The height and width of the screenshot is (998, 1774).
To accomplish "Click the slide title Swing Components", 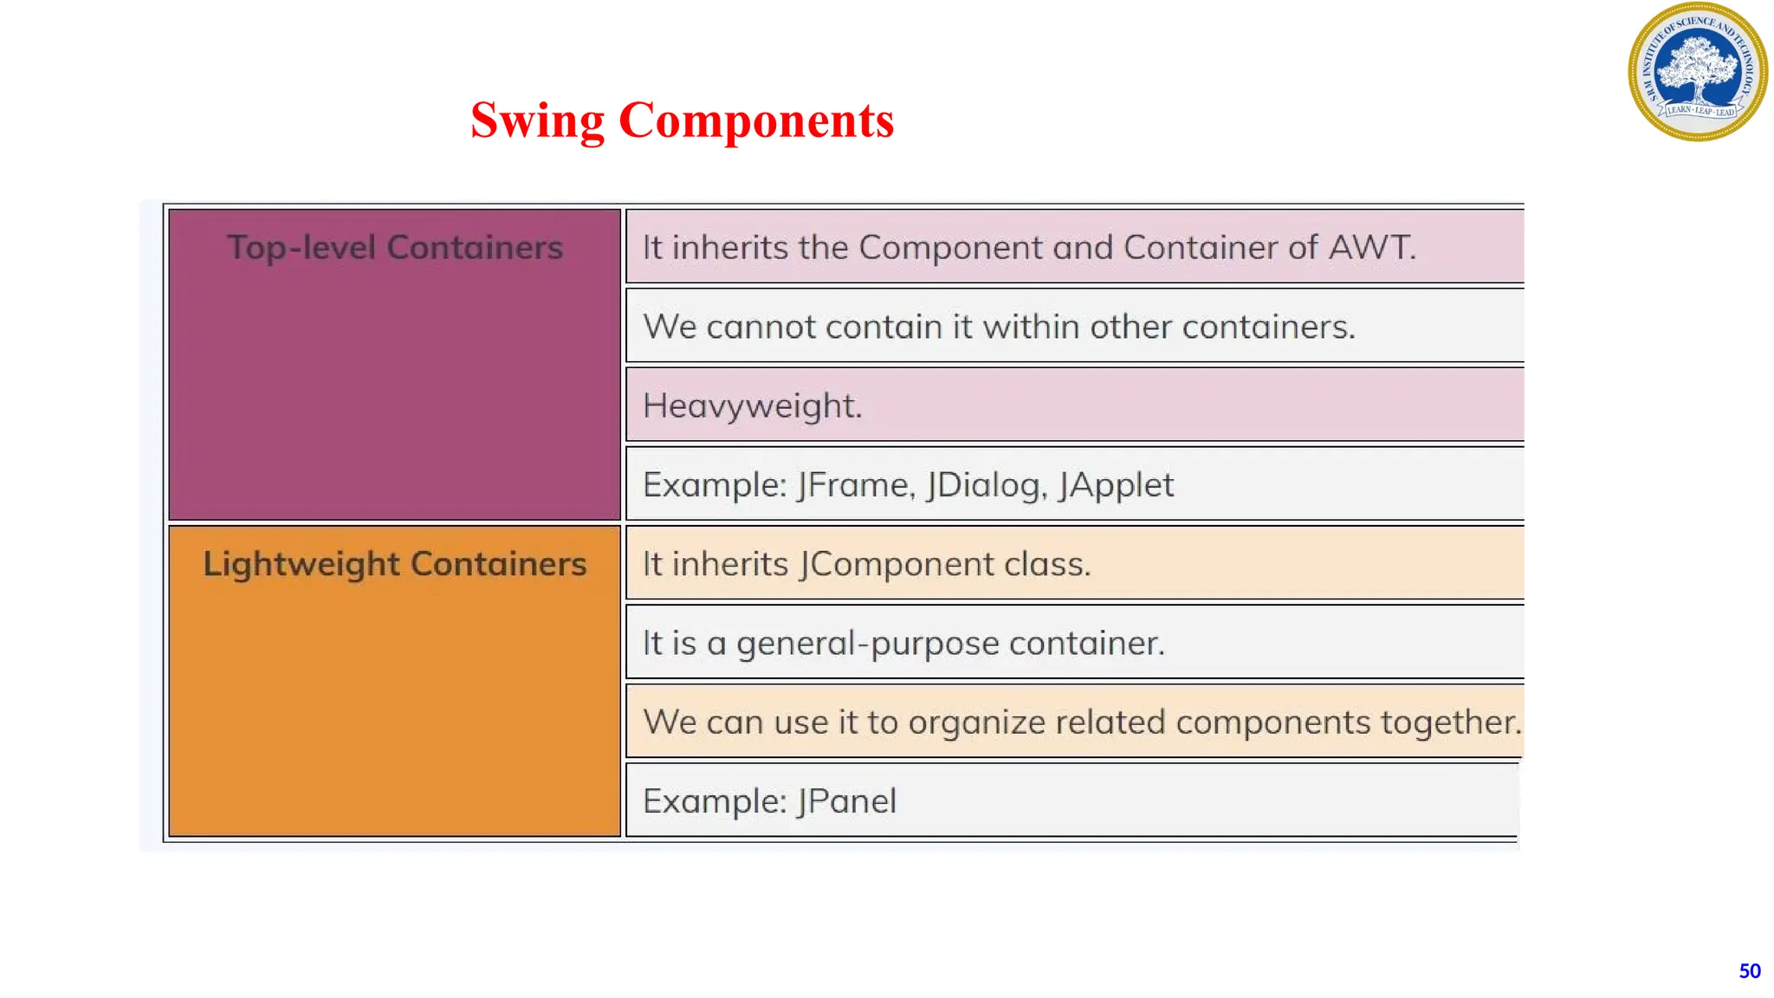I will coord(682,120).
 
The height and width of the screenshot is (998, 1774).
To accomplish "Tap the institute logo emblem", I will coord(1697,72).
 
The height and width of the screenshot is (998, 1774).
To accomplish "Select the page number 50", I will coord(1749,971).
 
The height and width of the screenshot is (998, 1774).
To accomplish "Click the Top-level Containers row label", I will coord(395,248).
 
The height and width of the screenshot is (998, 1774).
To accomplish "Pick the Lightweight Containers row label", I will coord(395,564).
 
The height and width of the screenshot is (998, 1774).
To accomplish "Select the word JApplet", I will coord(1116,485).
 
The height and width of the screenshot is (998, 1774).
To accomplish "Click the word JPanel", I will coord(846,801).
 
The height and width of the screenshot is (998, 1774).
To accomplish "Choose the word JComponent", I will coord(897,565).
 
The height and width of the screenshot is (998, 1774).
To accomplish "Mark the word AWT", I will coord(1372,248).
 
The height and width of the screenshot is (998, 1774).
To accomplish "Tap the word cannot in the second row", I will coord(761,327).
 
